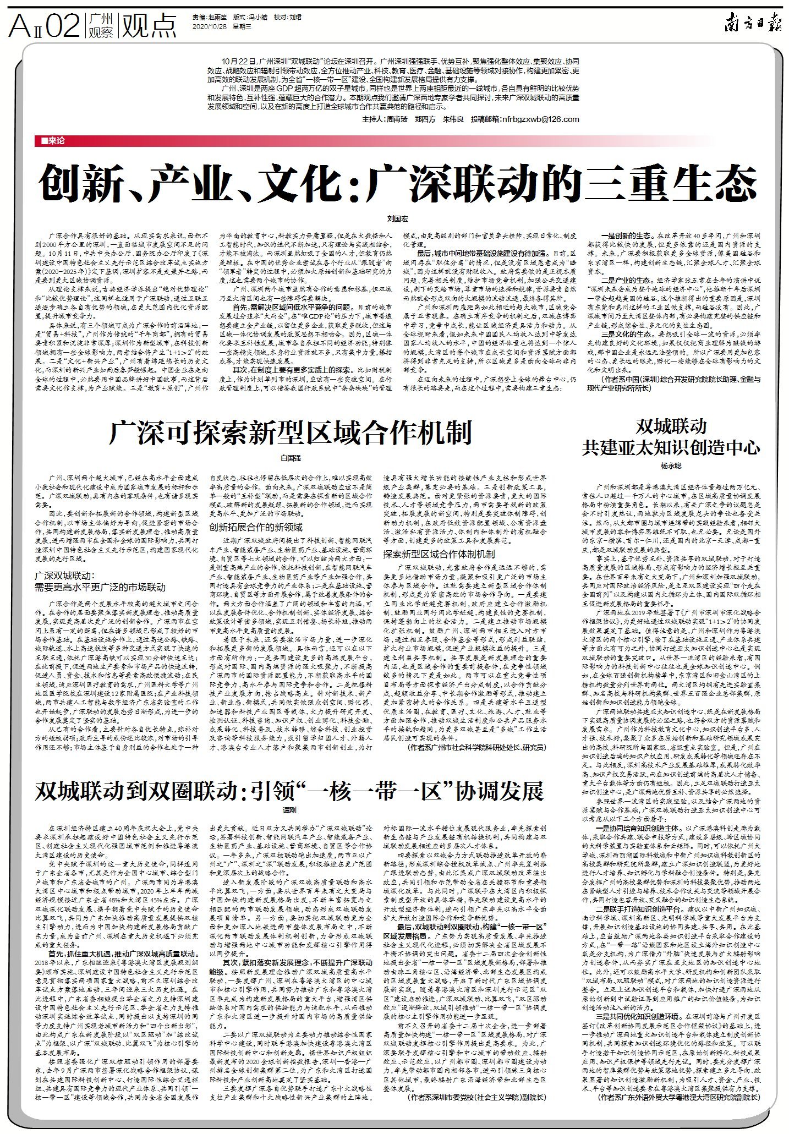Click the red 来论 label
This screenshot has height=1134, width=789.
50,141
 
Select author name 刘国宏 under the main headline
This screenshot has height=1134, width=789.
394,218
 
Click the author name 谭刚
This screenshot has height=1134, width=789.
289,810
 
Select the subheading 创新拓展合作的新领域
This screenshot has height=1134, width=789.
256,527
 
